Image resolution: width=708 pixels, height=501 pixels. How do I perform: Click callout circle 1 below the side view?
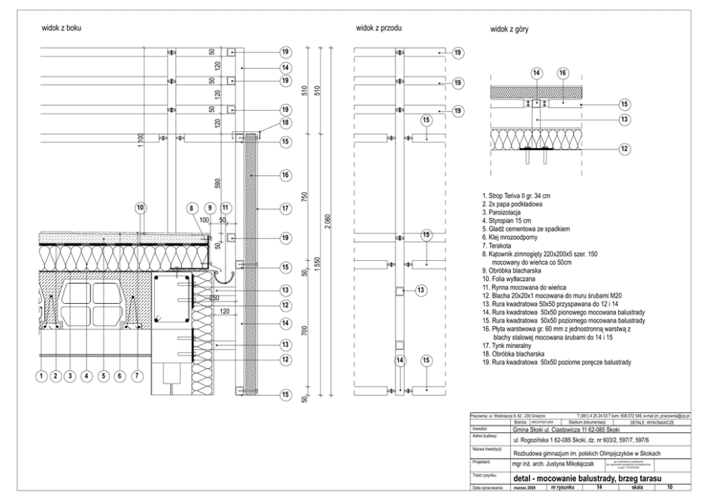(42, 375)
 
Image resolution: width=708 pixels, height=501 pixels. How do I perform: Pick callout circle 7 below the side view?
(136, 375)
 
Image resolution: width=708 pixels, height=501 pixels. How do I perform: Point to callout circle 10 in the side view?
(140, 207)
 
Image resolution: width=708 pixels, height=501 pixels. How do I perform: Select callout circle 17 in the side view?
(285, 209)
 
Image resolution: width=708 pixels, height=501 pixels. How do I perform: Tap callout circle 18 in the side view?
(285, 123)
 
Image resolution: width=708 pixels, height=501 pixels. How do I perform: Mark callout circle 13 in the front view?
(420, 289)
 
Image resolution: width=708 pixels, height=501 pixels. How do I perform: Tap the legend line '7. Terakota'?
(505, 247)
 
